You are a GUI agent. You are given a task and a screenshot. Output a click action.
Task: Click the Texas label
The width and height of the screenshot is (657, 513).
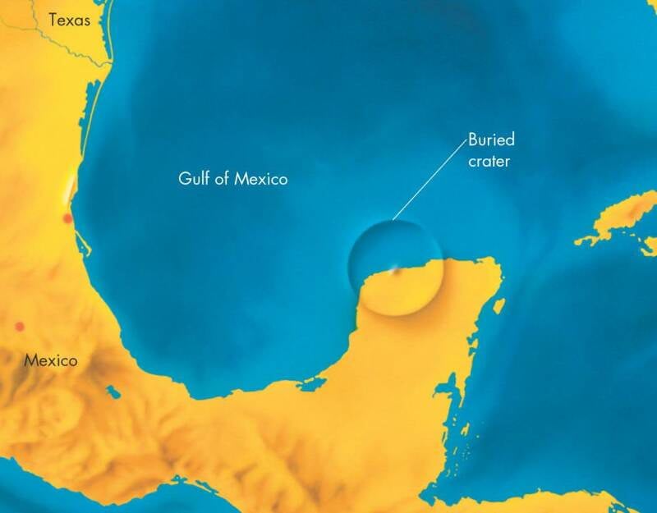click(70, 20)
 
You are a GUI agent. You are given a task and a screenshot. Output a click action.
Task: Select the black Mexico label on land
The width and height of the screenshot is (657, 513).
click(50, 360)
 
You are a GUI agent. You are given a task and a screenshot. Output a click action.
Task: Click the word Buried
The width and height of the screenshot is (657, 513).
click(490, 140)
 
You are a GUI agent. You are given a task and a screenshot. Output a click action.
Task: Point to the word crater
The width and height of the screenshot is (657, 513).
click(489, 161)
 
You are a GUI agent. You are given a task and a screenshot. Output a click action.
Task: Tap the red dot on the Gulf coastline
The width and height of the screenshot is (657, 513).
click(67, 218)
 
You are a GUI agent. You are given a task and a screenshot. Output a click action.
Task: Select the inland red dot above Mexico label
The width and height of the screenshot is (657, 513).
click(20, 327)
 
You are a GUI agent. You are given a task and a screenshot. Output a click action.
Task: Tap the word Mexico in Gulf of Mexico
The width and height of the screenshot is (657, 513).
click(261, 178)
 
